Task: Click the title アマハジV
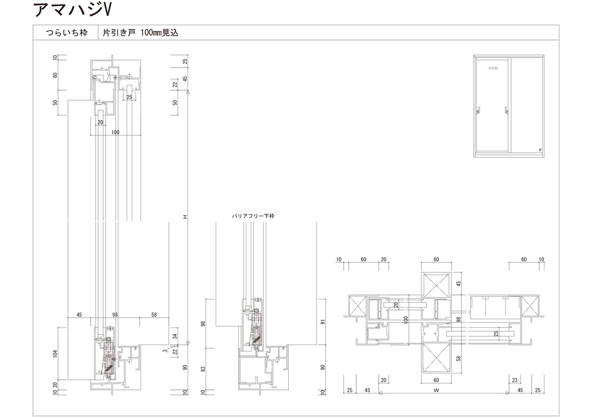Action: pyautogui.click(x=73, y=10)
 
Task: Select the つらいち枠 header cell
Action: pyautogui.click(x=67, y=33)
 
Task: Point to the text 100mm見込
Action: pyautogui.click(x=159, y=33)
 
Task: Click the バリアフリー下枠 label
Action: pyautogui.click(x=253, y=216)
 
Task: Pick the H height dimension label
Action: pyautogui.click(x=185, y=217)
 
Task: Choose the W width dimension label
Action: pyautogui.click(x=436, y=390)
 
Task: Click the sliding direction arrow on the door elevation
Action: pyautogui.click(x=493, y=68)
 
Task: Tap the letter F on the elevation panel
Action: pyautogui.click(x=540, y=150)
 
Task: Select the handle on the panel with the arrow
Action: pyautogui.click(x=479, y=111)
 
